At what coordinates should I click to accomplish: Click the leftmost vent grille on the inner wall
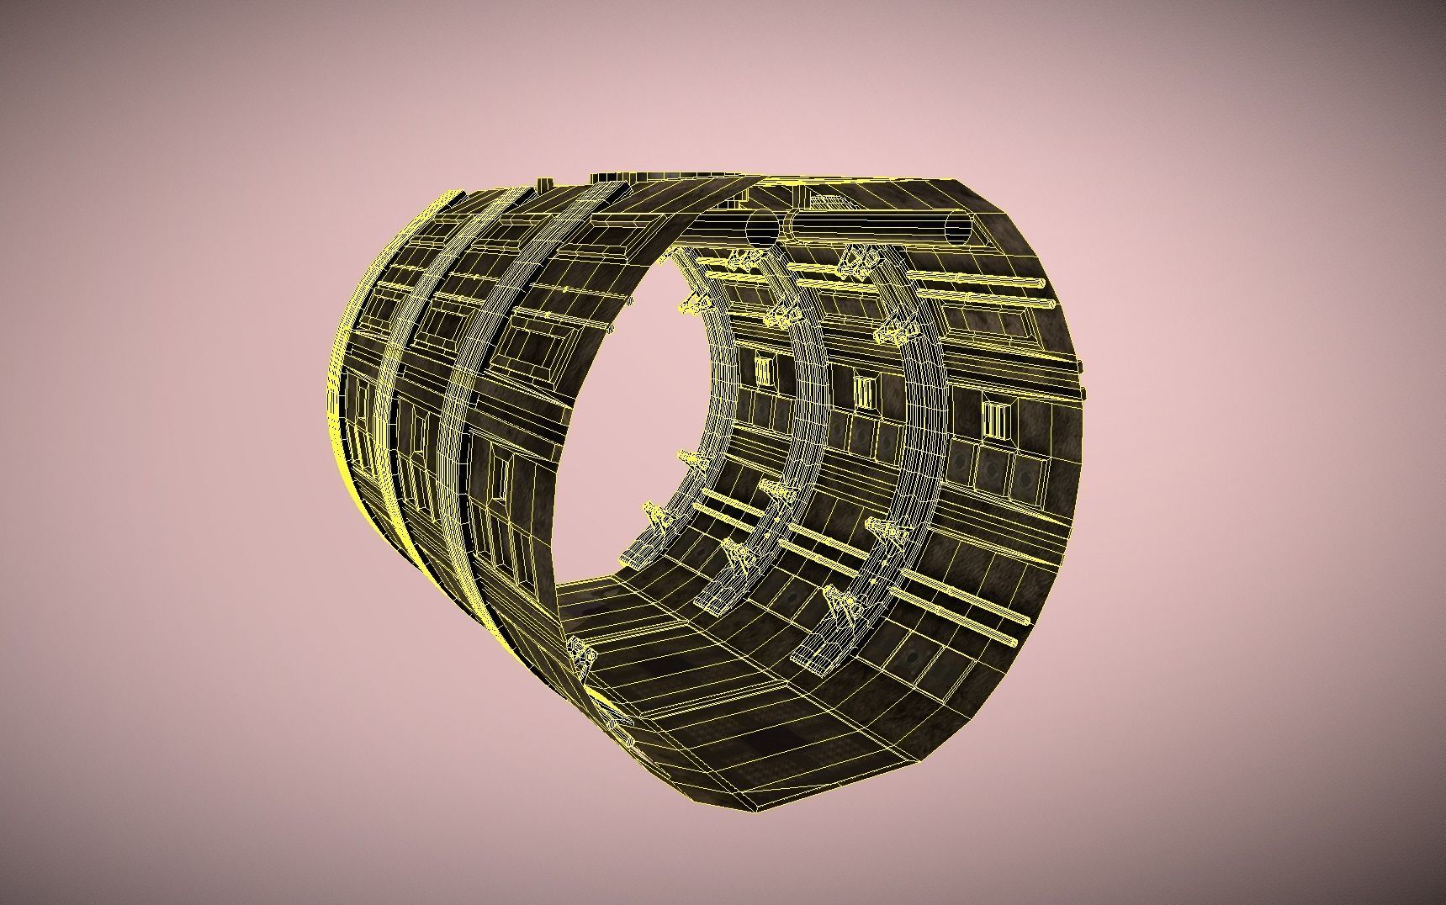pos(764,370)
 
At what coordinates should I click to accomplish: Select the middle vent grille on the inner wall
pos(865,392)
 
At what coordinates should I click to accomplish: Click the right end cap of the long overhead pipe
pos(959,229)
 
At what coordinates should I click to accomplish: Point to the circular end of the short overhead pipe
pos(763,227)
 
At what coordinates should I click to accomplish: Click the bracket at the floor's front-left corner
pos(579,652)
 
